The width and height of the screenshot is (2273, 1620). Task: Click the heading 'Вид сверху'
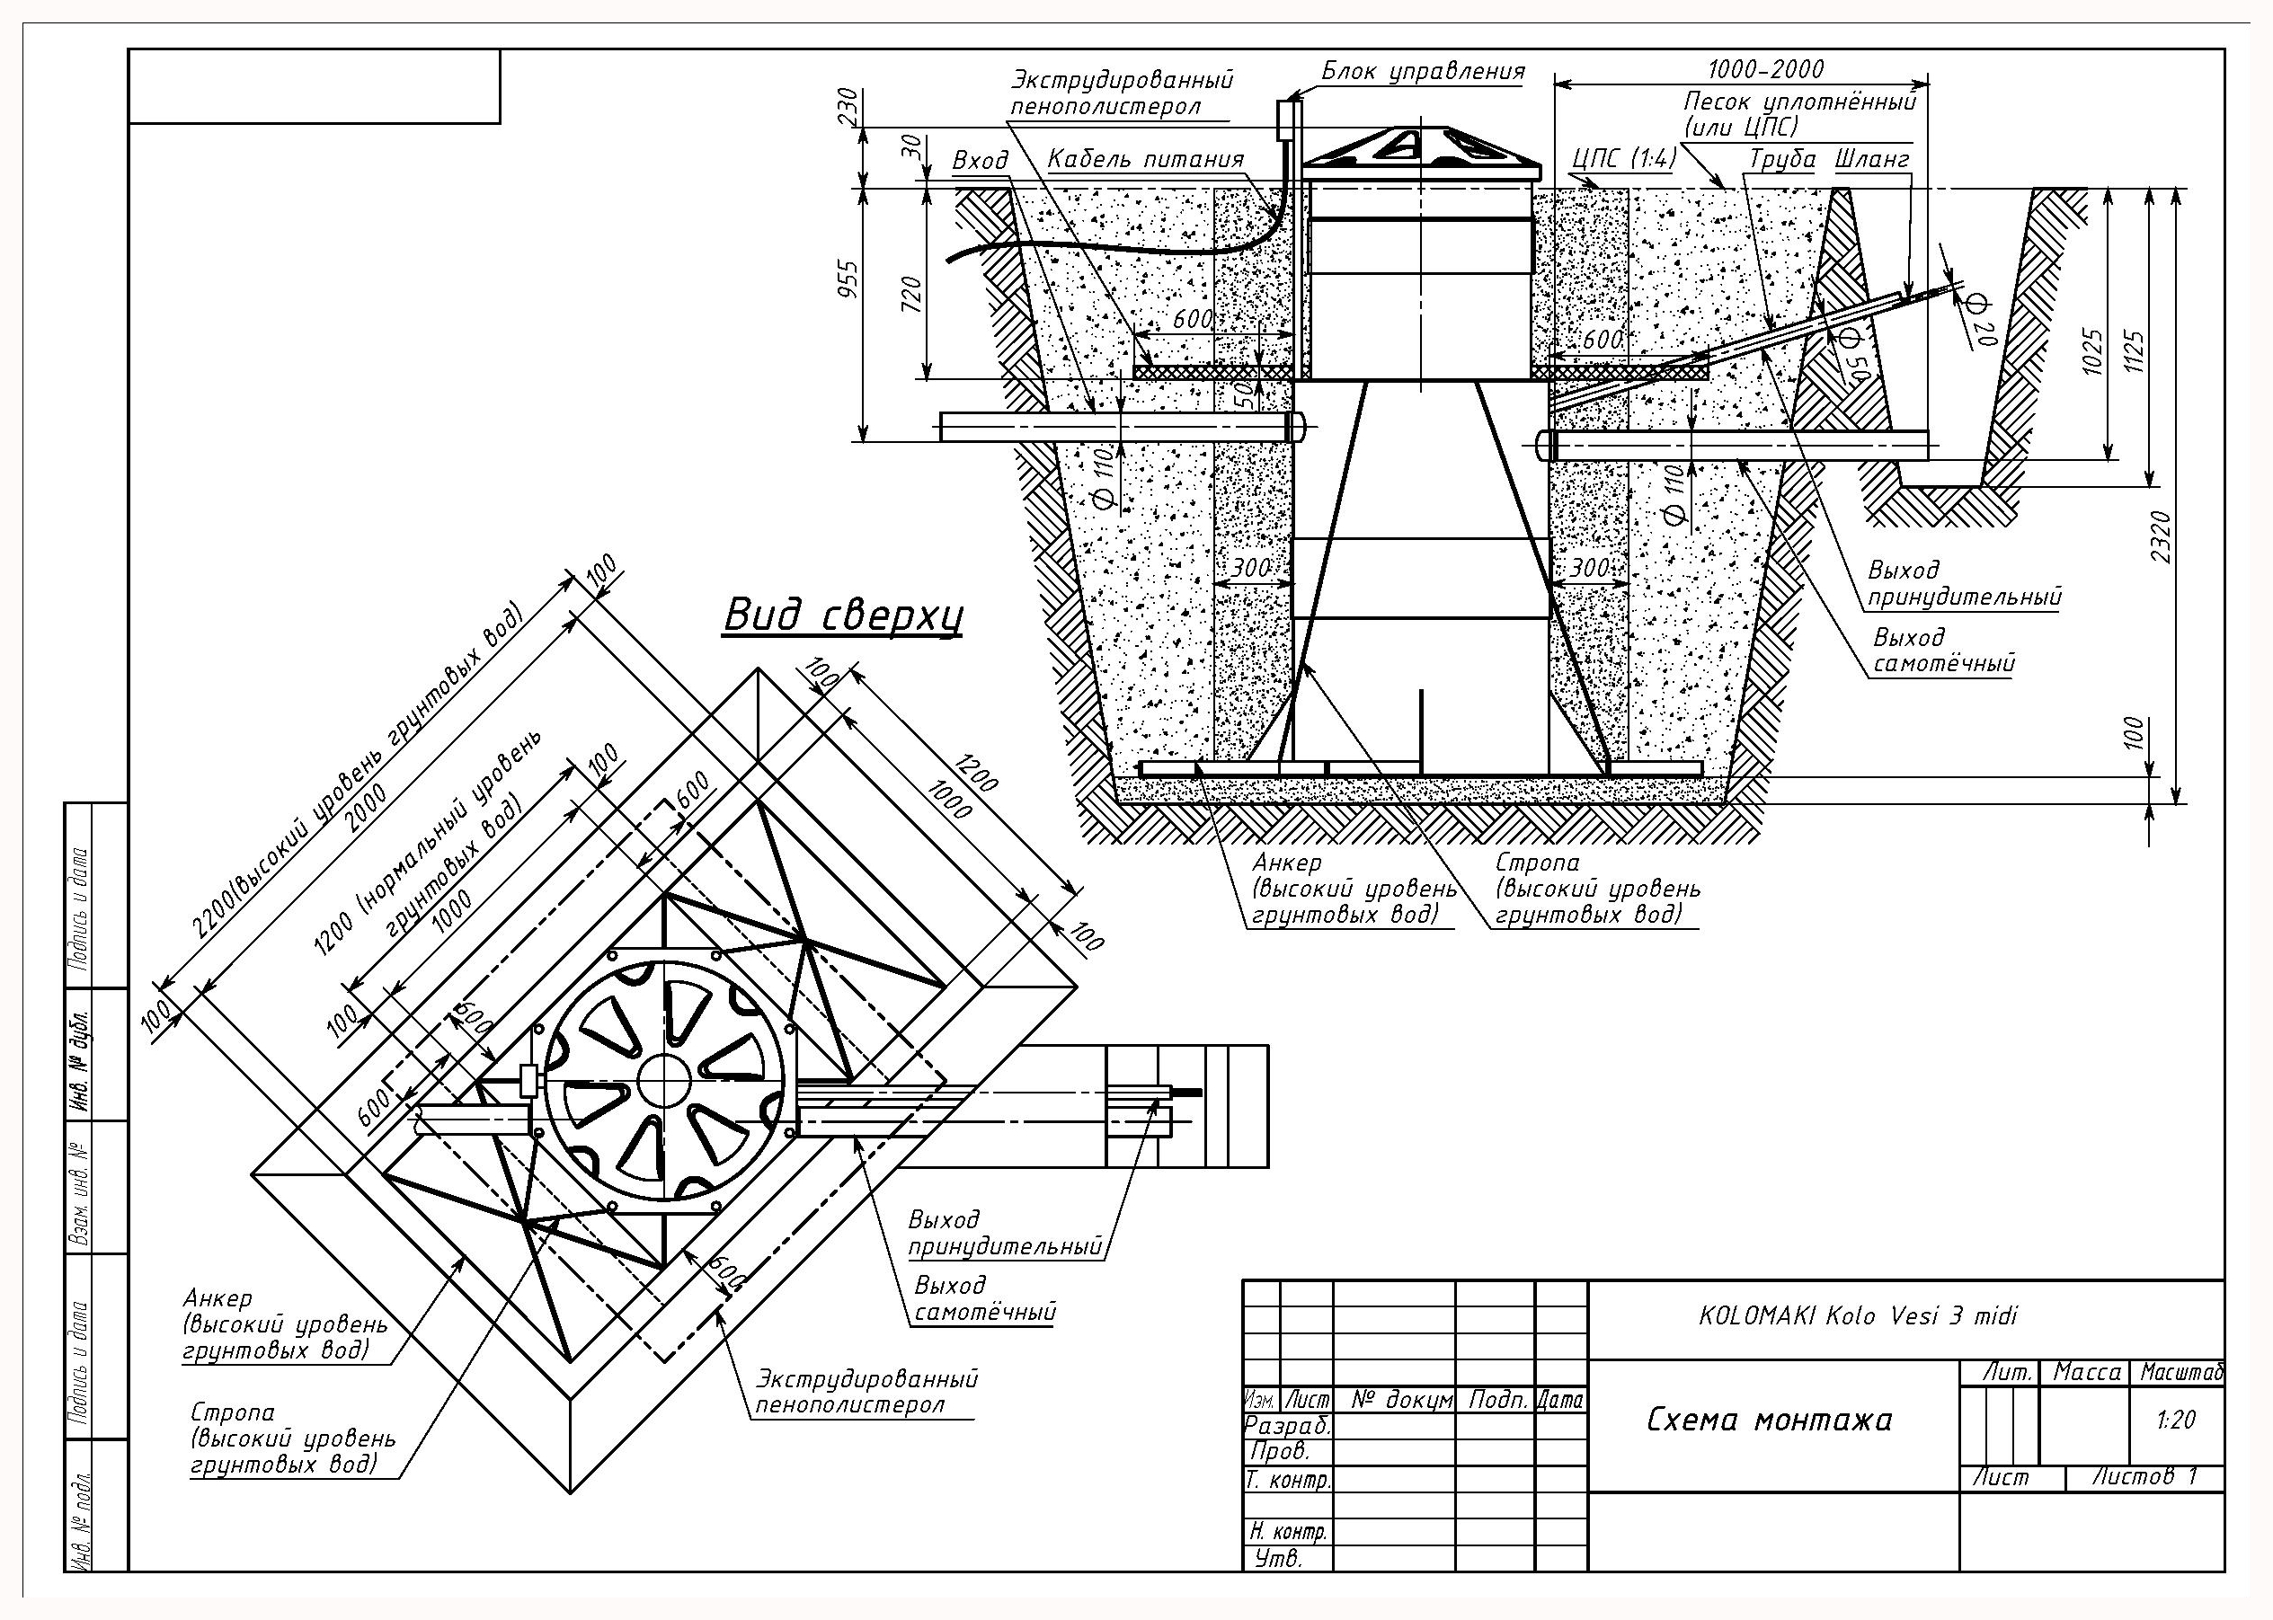[x=843, y=616]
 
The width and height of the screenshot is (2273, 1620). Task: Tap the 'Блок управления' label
[x=1424, y=71]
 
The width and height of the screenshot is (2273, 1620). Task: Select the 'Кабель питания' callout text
[x=1145, y=160]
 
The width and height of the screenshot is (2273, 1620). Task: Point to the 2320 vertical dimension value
[x=2161, y=536]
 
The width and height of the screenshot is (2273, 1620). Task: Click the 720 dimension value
[x=911, y=296]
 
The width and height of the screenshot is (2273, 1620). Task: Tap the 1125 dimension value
[x=2135, y=351]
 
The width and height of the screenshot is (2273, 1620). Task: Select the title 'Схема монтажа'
[x=1768, y=1420]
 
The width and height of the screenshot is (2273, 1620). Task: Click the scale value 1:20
[x=2175, y=1419]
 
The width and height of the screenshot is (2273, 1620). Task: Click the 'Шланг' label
[x=1872, y=160]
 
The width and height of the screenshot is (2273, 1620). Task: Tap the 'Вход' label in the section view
[x=980, y=161]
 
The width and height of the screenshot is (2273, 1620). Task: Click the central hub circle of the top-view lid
[x=664, y=1080]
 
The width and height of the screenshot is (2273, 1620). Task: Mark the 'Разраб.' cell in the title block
[x=1287, y=1426]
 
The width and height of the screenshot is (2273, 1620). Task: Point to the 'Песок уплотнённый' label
[x=1800, y=102]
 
